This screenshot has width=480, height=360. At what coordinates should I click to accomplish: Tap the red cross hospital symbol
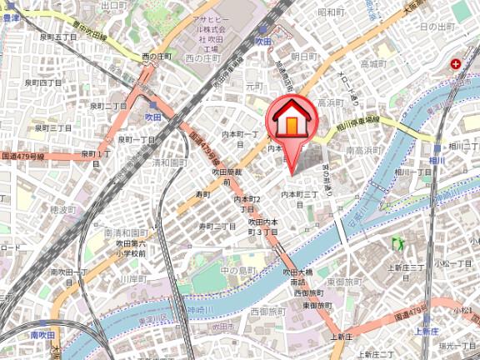click(x=457, y=63)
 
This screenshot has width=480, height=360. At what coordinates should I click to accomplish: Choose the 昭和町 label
click(x=331, y=12)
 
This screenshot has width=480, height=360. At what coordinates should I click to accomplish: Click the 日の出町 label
click(x=438, y=27)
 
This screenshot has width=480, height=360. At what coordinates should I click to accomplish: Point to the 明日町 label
click(x=304, y=55)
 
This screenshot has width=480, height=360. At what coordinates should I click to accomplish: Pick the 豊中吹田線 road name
click(x=87, y=36)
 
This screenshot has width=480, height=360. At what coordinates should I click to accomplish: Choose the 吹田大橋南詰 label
click(x=297, y=277)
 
